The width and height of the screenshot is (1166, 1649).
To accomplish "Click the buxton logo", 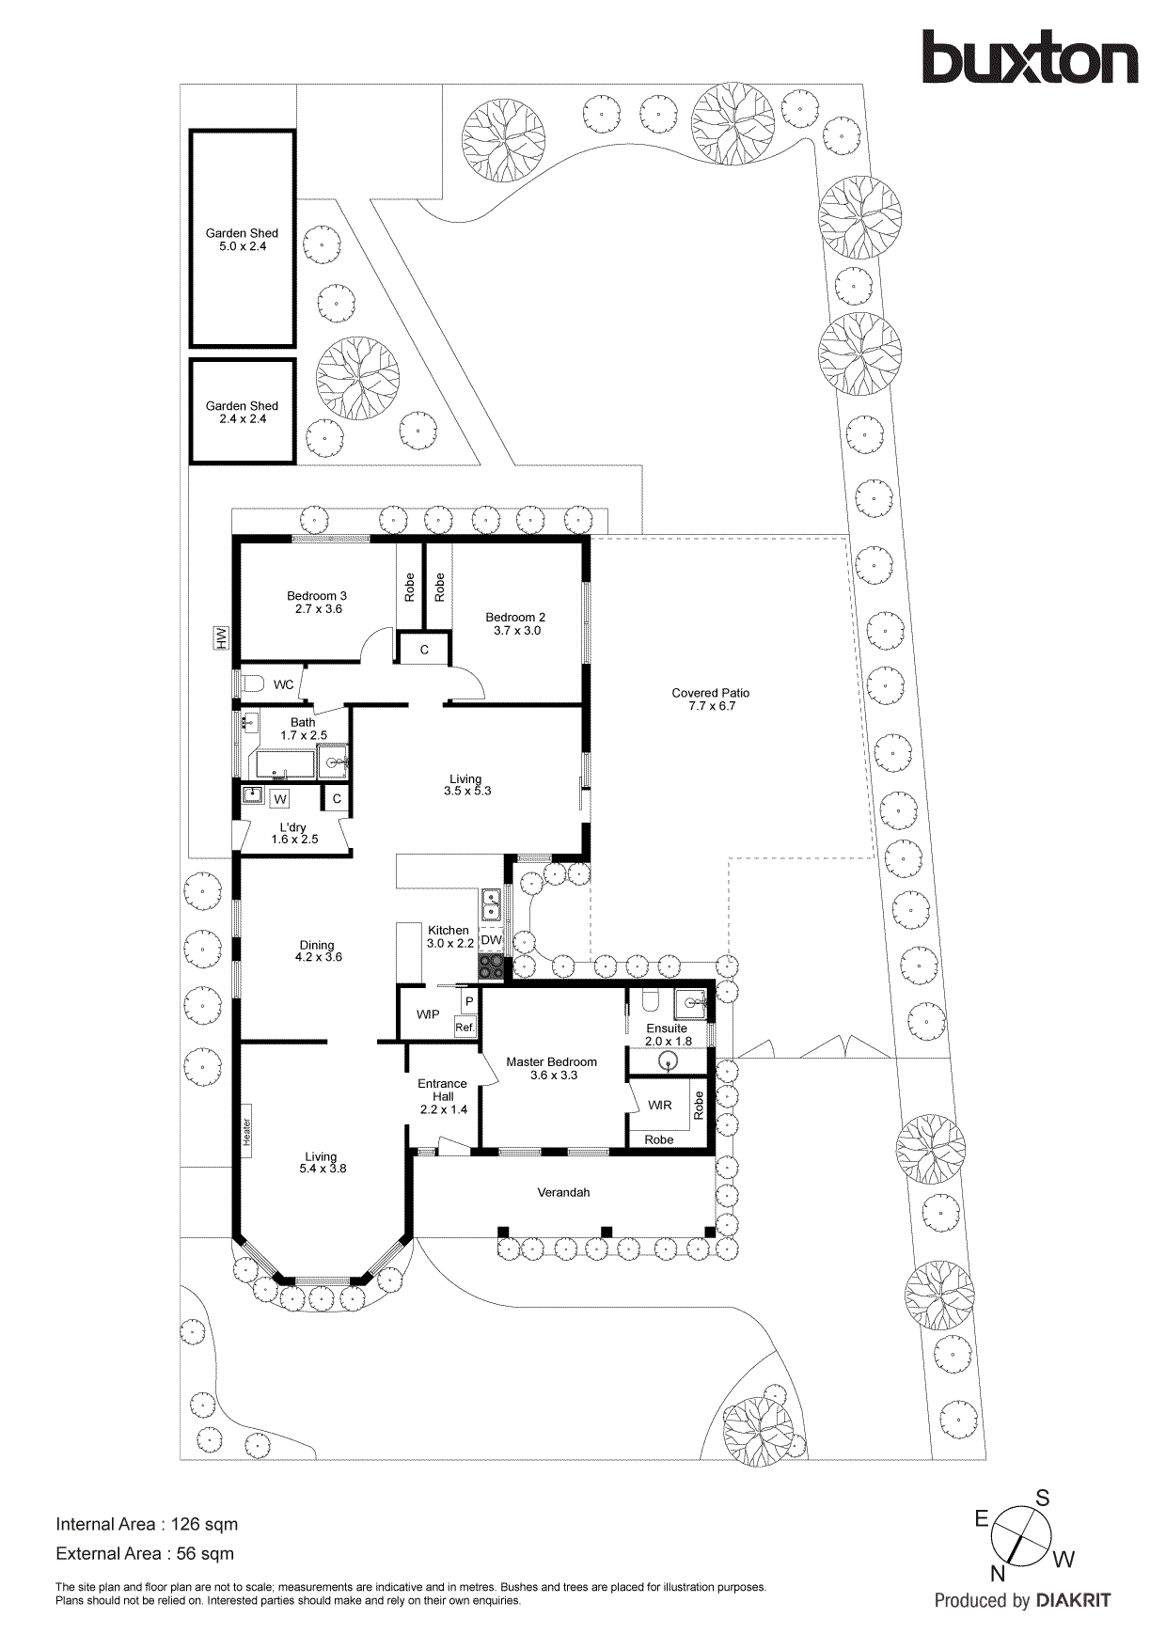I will [x=1029, y=58].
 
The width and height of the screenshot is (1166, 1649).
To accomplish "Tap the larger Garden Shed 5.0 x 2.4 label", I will [x=242, y=240].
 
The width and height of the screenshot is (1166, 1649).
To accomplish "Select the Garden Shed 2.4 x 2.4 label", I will [x=242, y=413].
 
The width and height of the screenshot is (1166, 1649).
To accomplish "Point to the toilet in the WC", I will [x=251, y=683].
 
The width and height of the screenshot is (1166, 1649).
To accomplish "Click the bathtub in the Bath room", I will [x=285, y=764].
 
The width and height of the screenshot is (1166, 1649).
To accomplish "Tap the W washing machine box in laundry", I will [x=279, y=799].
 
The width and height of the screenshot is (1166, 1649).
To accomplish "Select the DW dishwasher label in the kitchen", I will [x=491, y=939].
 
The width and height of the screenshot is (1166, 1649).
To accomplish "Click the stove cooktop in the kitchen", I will [x=491, y=966].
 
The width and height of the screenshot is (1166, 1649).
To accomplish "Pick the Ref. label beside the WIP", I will [x=465, y=1028].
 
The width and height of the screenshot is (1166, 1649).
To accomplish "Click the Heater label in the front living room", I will [x=246, y=1131].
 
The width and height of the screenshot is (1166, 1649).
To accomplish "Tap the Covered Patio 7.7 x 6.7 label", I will [x=710, y=699].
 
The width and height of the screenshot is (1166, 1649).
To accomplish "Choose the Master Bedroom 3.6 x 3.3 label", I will [x=551, y=1069].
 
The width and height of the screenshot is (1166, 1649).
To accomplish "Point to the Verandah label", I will [x=563, y=1192].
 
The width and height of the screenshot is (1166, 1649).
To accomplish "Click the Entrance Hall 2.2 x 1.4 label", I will [x=442, y=1096].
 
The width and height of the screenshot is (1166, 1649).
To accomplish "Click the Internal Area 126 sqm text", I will [x=147, y=1524].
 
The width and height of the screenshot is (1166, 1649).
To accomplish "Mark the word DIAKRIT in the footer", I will [x=1073, y=1600].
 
